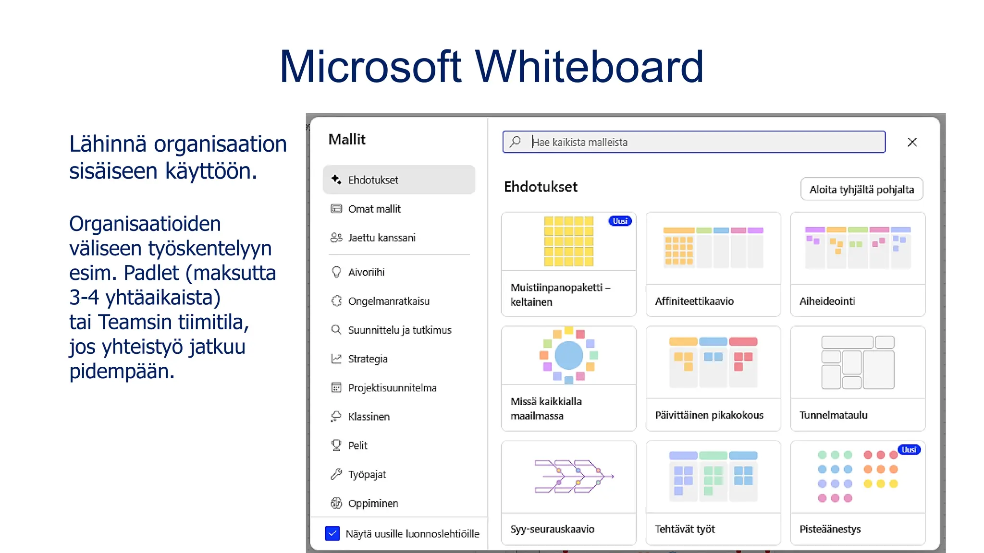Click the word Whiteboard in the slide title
[x=589, y=67]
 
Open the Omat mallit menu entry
[x=374, y=209]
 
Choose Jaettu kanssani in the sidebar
[x=381, y=238]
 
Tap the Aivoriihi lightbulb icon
[x=336, y=272]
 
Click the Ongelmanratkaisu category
[x=389, y=301]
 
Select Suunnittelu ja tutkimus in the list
[x=399, y=330]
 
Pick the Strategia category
[x=368, y=359]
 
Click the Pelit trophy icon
[x=336, y=445]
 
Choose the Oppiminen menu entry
[x=373, y=503]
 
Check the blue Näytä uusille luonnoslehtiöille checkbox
[x=332, y=533]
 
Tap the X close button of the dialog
[x=912, y=142]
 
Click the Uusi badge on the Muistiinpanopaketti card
[x=620, y=221]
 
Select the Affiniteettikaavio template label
[x=694, y=301]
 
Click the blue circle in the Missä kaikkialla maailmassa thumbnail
[x=569, y=355]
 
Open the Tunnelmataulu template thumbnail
[x=858, y=362]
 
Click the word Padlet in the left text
[x=151, y=273]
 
